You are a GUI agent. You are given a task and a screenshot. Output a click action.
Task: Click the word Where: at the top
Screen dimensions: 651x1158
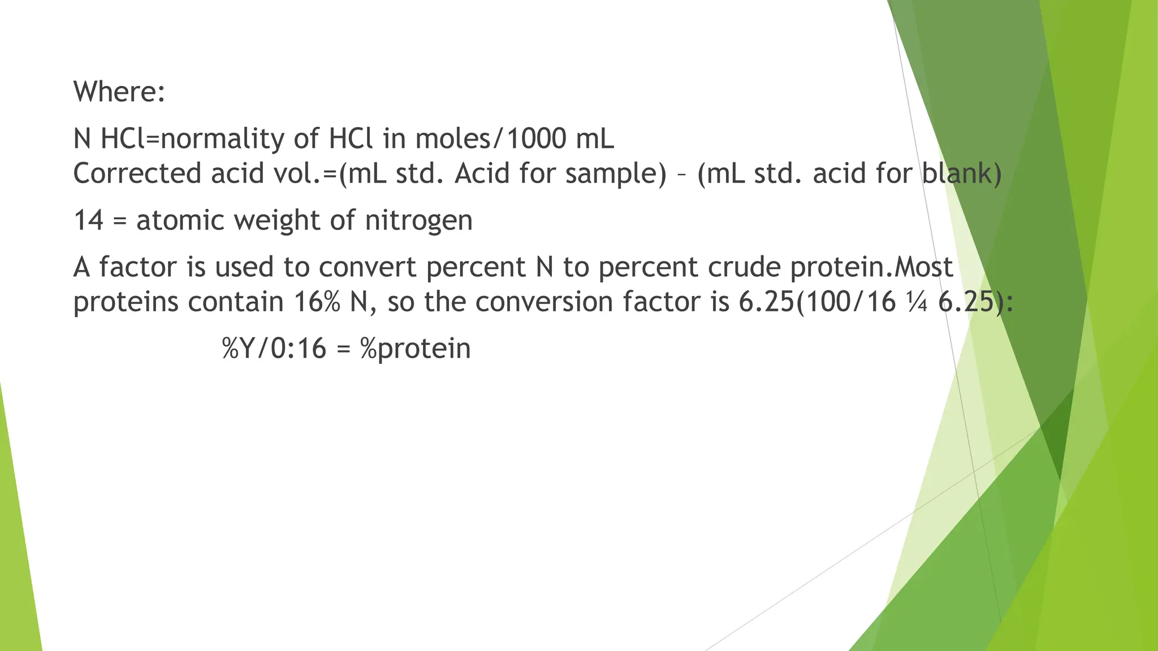point(119,92)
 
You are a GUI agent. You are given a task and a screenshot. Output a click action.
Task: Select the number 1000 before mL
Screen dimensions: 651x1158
point(536,138)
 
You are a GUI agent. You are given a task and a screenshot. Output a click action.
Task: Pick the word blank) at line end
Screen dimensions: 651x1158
point(962,173)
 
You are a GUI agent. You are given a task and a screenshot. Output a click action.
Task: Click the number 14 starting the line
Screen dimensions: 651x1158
point(89,220)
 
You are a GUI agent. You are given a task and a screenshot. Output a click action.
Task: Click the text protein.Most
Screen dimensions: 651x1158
point(871,267)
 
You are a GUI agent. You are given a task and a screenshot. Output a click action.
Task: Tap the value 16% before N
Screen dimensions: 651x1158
point(317,302)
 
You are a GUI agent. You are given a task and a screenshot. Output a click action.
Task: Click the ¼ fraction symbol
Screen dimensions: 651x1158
point(917,302)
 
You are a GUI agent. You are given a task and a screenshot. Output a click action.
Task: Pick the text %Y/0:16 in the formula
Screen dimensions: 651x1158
point(274,349)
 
